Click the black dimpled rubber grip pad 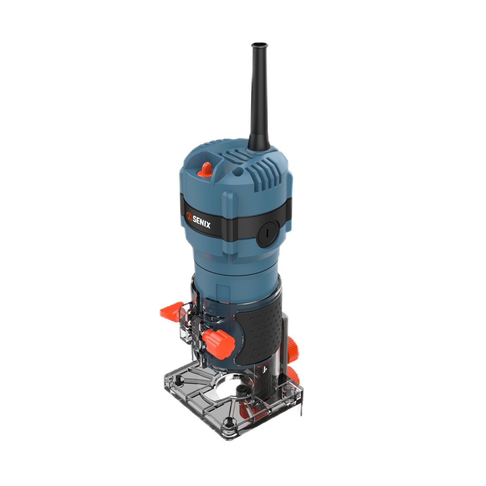(x=259, y=328)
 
